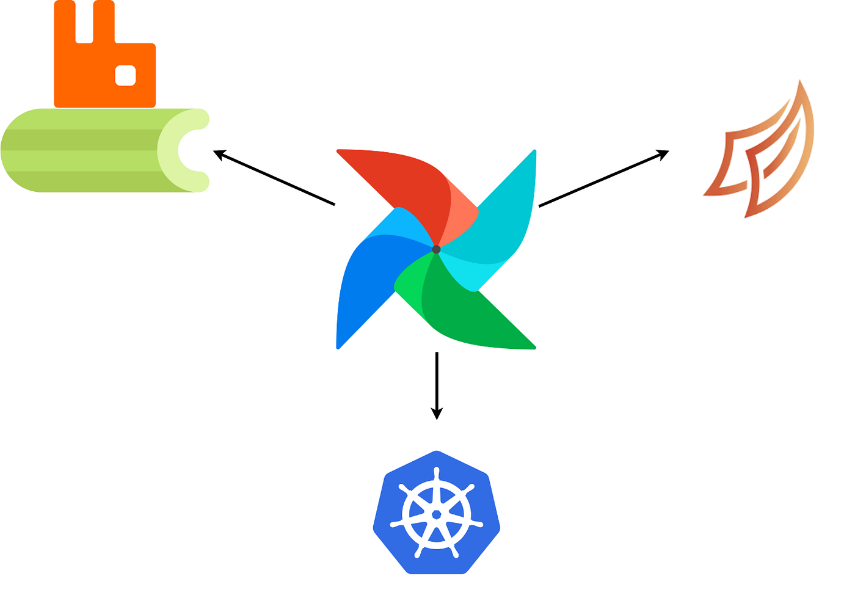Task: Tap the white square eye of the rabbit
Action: coord(125,75)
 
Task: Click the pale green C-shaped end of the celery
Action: coord(183,150)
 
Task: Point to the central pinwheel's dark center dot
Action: coord(436,249)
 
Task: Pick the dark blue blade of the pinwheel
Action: coord(360,287)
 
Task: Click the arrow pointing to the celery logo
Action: coord(275,178)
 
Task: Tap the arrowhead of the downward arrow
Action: coord(437,414)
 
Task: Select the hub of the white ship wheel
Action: coord(436,514)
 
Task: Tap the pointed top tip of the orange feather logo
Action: coord(799,82)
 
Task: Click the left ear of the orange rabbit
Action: coord(65,24)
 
